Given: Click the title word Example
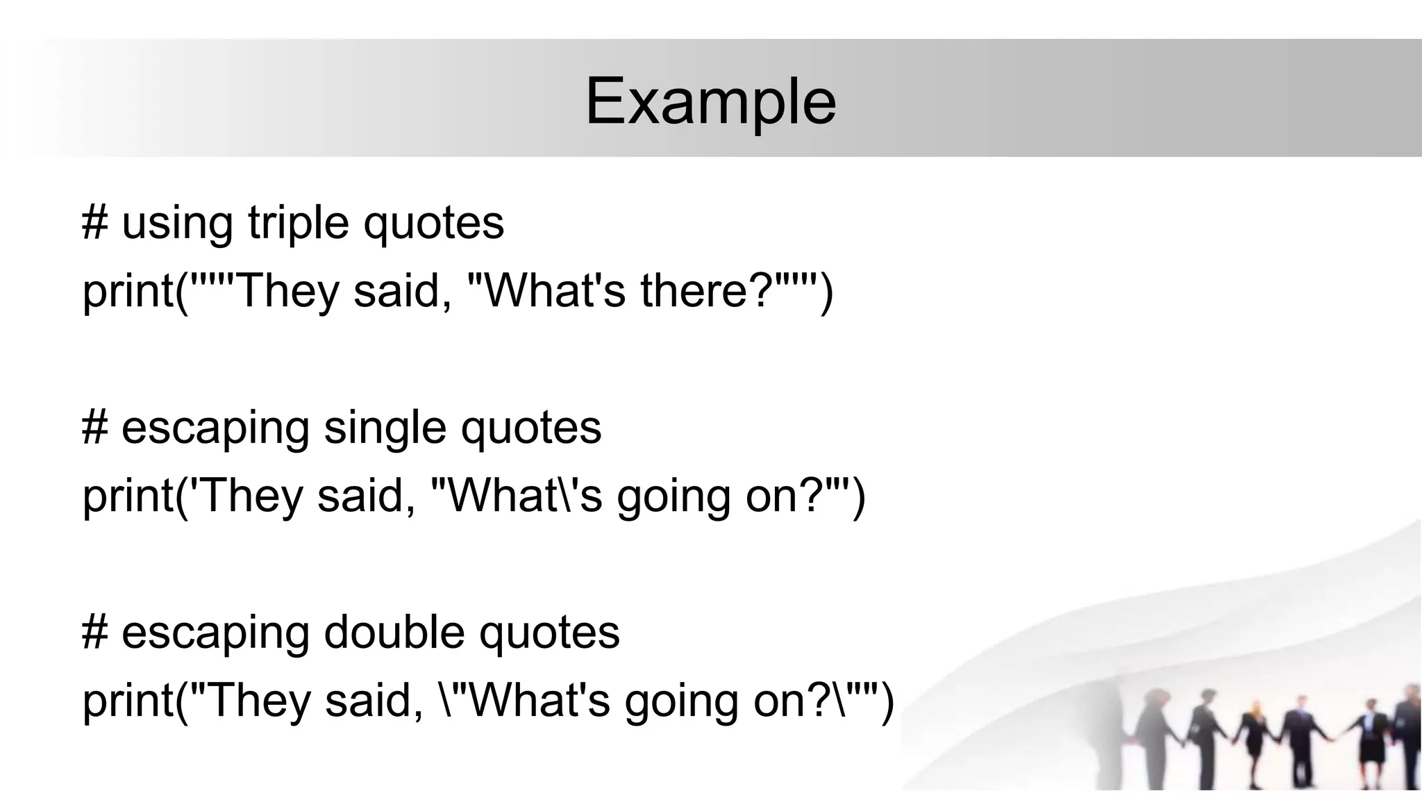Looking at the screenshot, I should click(710, 102).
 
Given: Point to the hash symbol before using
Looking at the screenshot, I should click(94, 223).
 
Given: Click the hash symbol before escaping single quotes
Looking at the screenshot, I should click(94, 428).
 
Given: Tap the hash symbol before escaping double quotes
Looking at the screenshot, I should click(94, 633).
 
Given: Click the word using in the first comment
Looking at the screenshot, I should click(177, 223).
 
